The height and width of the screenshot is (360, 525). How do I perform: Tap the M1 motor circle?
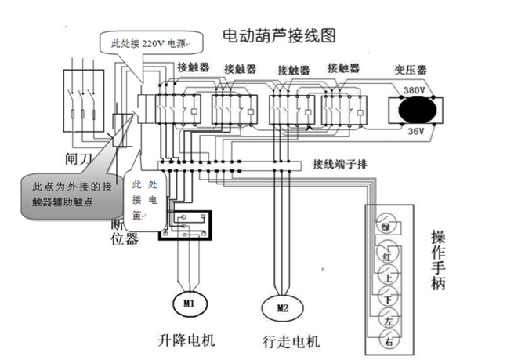[188, 301]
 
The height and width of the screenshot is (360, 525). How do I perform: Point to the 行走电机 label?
[291, 342]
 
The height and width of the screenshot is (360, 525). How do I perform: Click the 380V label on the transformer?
[414, 90]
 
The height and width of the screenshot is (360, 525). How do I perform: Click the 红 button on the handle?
[386, 256]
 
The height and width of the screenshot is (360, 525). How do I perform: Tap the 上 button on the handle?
[386, 278]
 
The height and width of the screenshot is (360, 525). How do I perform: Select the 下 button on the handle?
[386, 299]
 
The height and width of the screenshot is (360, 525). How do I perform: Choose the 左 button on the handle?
[386, 320]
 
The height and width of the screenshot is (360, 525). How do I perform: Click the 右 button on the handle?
[386, 341]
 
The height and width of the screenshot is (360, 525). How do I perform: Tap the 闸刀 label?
[81, 159]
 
